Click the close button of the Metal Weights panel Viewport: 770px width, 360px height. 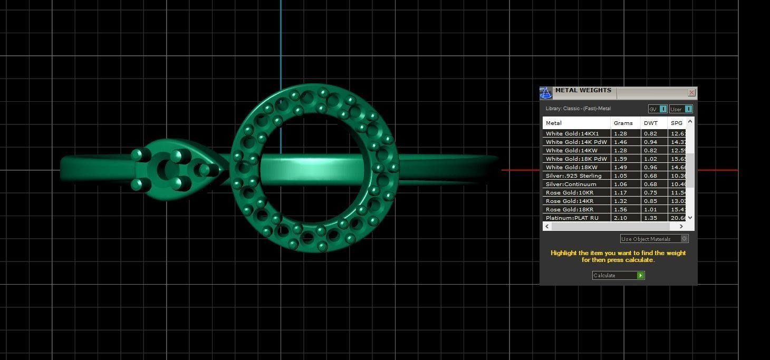(x=691, y=93)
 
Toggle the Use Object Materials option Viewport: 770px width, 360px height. (x=685, y=239)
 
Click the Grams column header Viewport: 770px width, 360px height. (x=623, y=123)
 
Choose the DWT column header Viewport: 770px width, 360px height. (x=651, y=123)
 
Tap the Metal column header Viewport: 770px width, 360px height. (x=554, y=123)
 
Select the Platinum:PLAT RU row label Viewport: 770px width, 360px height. (x=572, y=218)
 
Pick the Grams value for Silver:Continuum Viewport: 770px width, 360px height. (x=620, y=184)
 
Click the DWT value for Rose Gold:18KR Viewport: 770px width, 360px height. (x=650, y=209)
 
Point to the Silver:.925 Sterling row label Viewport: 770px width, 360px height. (x=573, y=176)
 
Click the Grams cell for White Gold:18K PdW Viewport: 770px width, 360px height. (x=620, y=159)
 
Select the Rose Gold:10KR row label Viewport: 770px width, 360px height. (x=569, y=192)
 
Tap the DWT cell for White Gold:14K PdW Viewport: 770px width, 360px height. (x=650, y=142)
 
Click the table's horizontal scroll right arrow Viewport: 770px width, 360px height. (x=681, y=226)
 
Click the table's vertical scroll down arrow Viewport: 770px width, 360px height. (x=690, y=217)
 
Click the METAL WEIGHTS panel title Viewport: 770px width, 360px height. (x=583, y=91)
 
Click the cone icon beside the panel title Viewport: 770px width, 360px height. (x=546, y=93)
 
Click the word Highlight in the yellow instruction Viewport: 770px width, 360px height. (x=563, y=253)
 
